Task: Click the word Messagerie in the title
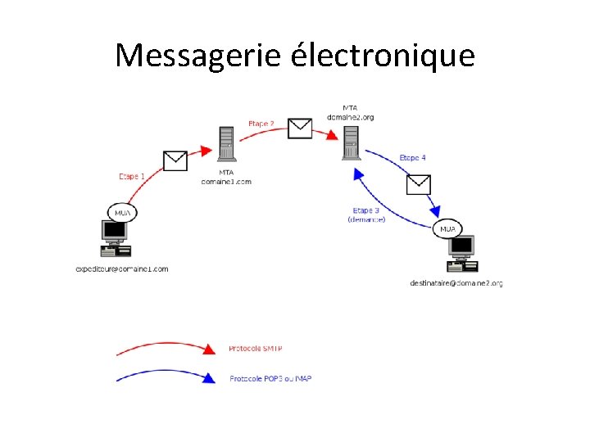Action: click(x=198, y=56)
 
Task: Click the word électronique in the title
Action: click(x=383, y=56)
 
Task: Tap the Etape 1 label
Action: click(x=132, y=176)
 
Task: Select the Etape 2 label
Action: click(x=261, y=124)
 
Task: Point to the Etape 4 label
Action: click(x=412, y=157)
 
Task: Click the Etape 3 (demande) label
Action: click(x=366, y=214)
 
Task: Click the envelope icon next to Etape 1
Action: click(x=175, y=160)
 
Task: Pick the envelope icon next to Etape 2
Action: click(x=301, y=128)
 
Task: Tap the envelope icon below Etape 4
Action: click(x=419, y=184)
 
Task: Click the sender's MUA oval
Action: click(x=122, y=213)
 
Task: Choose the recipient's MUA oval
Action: click(x=448, y=229)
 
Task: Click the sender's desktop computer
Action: click(x=116, y=238)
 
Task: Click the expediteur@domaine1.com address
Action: click(x=121, y=268)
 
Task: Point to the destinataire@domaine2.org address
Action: click(x=456, y=283)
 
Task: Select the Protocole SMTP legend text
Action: click(x=256, y=349)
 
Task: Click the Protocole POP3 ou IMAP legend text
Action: click(x=270, y=378)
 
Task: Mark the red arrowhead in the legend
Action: click(x=209, y=350)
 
